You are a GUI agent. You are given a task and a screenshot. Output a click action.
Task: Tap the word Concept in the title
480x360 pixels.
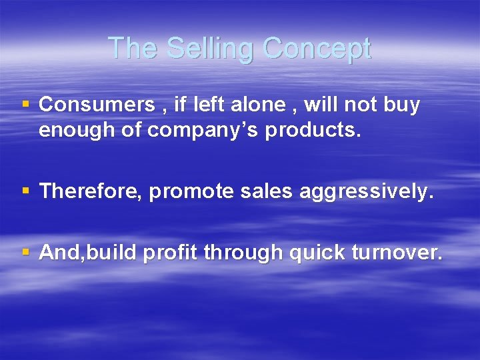click(x=317, y=49)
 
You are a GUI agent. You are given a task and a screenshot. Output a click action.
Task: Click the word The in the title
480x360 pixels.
click(x=133, y=49)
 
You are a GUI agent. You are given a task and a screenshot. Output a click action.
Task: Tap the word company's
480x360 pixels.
click(x=203, y=131)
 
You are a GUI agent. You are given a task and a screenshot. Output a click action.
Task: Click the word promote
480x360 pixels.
click(x=189, y=192)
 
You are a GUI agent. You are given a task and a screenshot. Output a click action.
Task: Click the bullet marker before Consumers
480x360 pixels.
click(x=26, y=105)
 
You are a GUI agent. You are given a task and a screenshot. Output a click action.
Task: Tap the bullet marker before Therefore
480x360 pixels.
click(x=26, y=192)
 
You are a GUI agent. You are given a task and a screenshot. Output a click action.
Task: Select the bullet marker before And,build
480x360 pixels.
click(x=26, y=253)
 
